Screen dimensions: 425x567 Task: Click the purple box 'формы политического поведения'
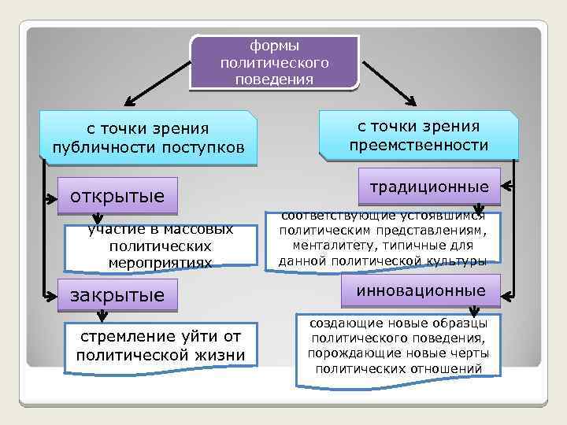pyautogui.click(x=274, y=61)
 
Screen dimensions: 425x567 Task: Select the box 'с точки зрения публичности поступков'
pyautogui.click(x=149, y=139)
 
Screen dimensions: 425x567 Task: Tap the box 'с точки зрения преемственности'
pyautogui.click(x=418, y=135)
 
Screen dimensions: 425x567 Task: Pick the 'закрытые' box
pyautogui.click(x=118, y=296)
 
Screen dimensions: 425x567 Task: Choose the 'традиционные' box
pyautogui.click(x=429, y=187)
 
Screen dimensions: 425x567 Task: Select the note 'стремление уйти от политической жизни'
pyautogui.click(x=161, y=346)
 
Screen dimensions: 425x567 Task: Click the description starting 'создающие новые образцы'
pyautogui.click(x=398, y=346)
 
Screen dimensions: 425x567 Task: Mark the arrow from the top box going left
pyautogui.click(x=157, y=82)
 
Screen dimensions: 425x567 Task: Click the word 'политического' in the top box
pyautogui.click(x=275, y=62)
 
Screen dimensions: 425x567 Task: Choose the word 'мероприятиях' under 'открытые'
pyautogui.click(x=161, y=263)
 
